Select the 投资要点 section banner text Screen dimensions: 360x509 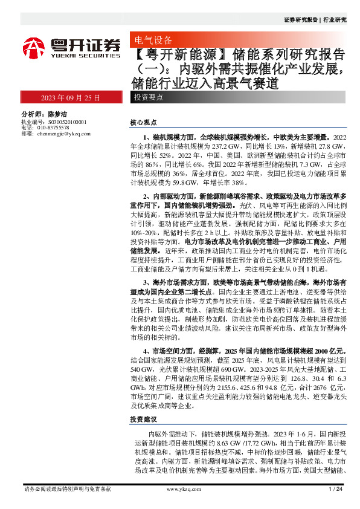pyautogui.click(x=148, y=97)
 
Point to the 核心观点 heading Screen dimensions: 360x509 pyautogui.click(x=143, y=122)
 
